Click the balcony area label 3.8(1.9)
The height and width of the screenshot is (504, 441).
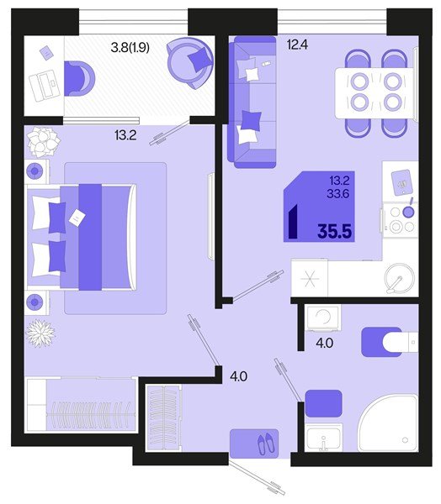pos(130,48)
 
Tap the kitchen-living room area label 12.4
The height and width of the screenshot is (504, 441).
pos(297,45)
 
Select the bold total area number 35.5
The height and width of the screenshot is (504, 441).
pos(334,231)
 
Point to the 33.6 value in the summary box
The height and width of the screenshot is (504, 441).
pos(338,193)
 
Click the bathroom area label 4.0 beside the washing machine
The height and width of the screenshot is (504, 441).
pos(324,343)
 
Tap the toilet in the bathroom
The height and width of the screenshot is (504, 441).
pos(400,342)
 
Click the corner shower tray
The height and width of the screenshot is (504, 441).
pos(388,423)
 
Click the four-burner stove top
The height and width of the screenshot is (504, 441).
pos(401,220)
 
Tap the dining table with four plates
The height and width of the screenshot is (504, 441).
pos(375,93)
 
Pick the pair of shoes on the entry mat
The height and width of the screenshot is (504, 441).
pos(266,444)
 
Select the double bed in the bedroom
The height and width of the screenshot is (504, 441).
pos(81,238)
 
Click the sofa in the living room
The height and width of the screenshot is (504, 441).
pos(252,102)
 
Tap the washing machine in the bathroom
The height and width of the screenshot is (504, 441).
pos(323,318)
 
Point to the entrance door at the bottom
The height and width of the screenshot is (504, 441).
pos(257,479)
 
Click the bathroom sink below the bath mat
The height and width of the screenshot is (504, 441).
pos(323,438)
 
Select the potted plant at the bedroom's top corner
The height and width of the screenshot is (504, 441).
pos(43,142)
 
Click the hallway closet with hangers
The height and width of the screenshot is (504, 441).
pos(163,417)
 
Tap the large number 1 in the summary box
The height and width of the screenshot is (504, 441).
pos(293,221)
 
